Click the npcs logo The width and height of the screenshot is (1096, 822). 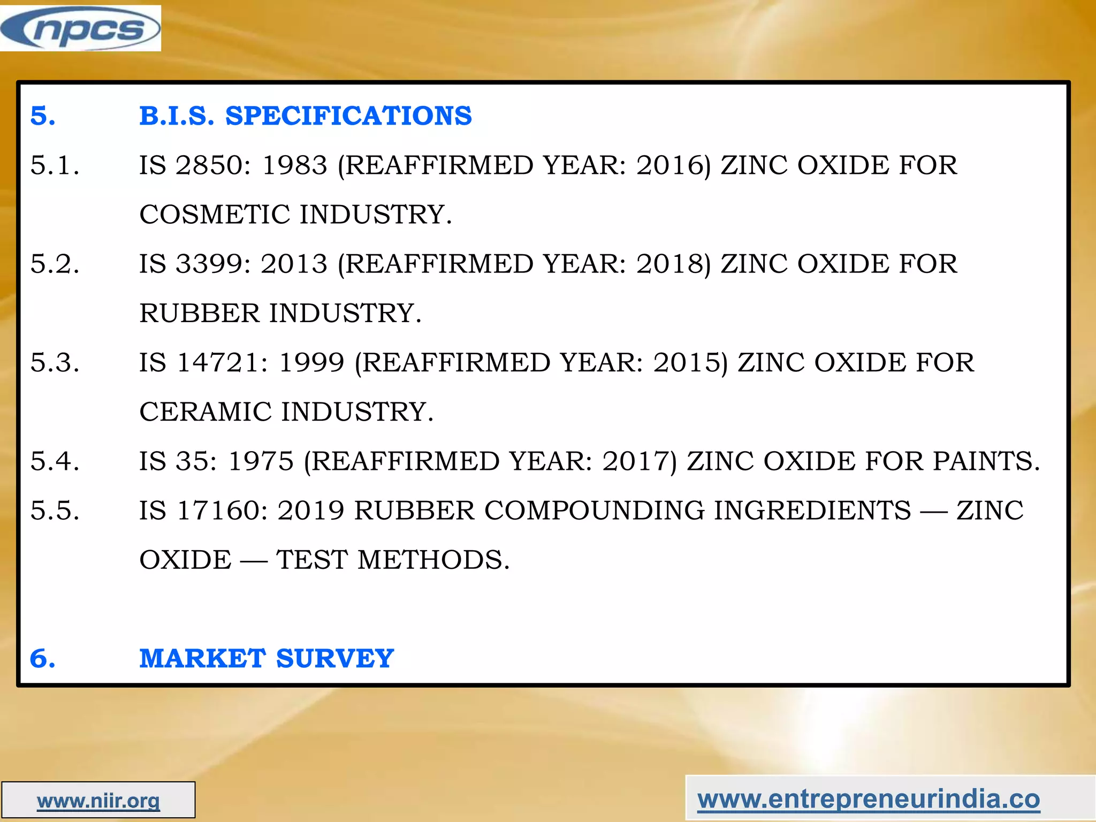point(80,28)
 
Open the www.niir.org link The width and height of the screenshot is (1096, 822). point(98,801)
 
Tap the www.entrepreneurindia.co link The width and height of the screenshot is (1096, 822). point(869,799)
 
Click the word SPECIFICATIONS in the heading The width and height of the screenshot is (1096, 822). point(348,116)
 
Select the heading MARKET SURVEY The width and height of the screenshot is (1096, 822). point(267,658)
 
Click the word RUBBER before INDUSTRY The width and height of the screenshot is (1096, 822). point(199,313)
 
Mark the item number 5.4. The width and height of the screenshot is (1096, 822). point(55,461)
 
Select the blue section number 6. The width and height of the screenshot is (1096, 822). point(42,658)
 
